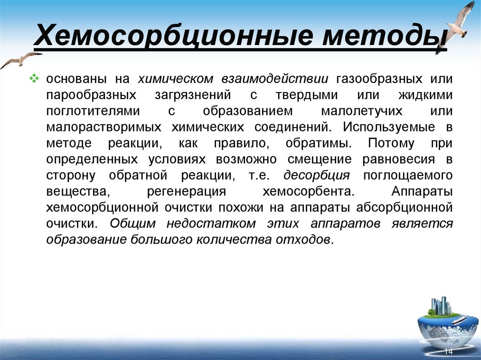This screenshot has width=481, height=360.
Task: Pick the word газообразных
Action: [x=375, y=79]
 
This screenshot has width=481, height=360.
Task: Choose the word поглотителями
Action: [x=93, y=111]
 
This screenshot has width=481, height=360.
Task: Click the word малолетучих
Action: [x=362, y=111]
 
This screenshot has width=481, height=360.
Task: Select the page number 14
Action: [x=448, y=352]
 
